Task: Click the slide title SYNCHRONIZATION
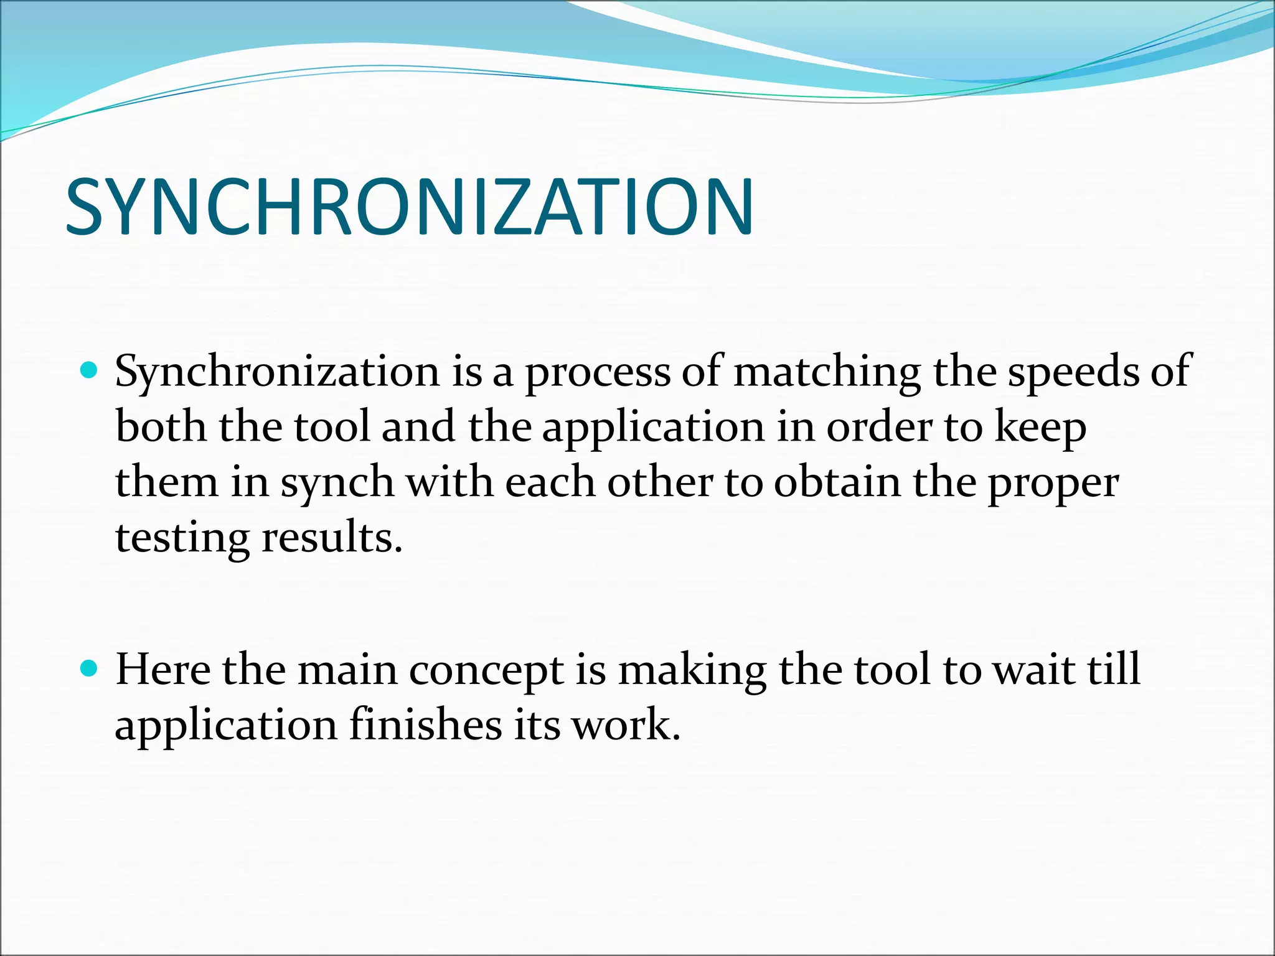tap(410, 207)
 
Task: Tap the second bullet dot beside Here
tap(90, 669)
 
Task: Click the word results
tap(332, 538)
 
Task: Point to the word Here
tap(163, 670)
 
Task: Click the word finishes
tap(425, 725)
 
